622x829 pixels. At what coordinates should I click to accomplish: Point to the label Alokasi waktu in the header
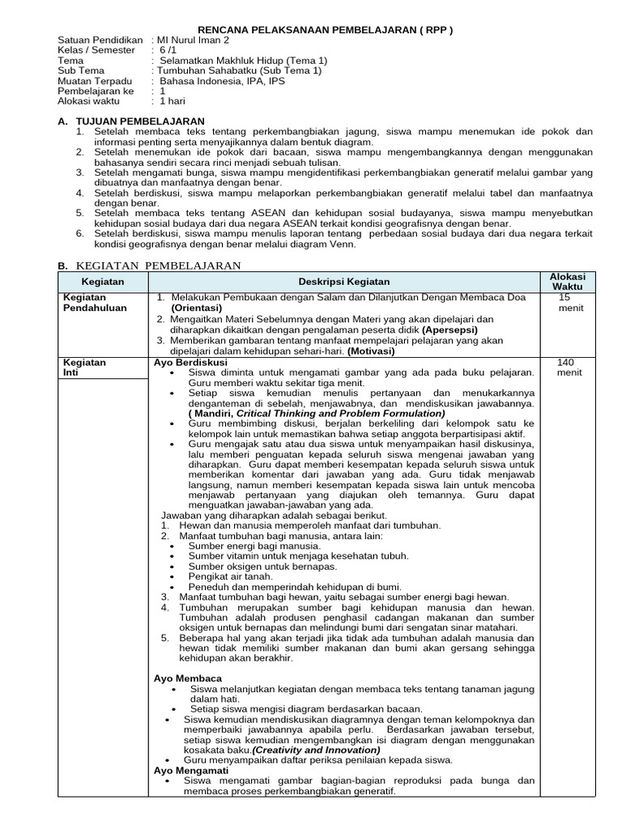[x=89, y=101]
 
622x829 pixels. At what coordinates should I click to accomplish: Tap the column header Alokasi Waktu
[x=568, y=282]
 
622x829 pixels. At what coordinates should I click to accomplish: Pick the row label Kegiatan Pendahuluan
[x=95, y=303]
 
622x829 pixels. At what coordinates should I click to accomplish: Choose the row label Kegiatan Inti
[x=84, y=368]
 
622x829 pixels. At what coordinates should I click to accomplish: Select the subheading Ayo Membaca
[x=188, y=678]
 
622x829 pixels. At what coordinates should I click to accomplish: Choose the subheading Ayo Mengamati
[x=191, y=771]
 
